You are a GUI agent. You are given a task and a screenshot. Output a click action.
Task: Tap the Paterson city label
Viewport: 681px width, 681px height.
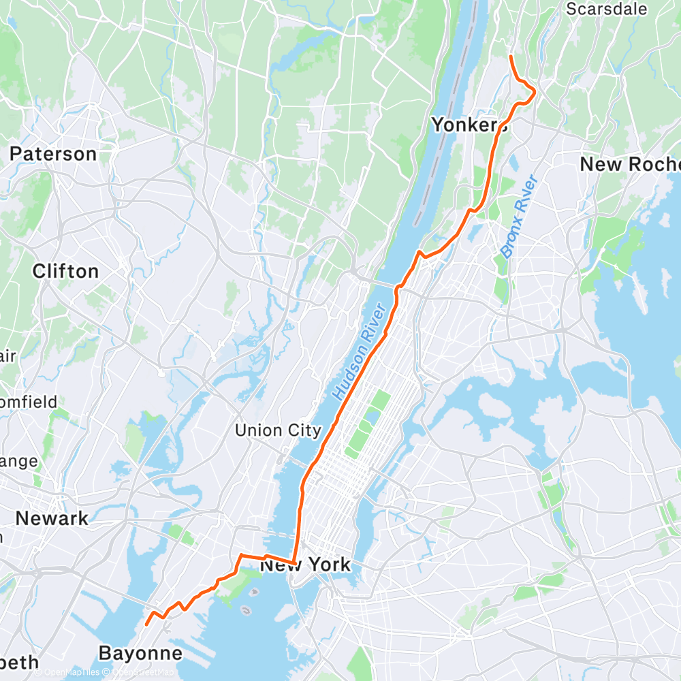click(53, 154)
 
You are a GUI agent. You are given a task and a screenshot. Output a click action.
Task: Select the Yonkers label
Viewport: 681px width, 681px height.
click(469, 125)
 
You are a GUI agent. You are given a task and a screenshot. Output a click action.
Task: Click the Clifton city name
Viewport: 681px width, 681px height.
click(65, 271)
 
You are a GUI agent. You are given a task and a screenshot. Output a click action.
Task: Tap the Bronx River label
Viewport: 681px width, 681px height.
click(519, 216)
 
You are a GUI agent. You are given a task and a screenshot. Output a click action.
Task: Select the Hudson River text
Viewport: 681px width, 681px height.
click(360, 351)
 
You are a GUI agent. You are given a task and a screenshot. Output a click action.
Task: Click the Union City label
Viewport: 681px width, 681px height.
click(278, 430)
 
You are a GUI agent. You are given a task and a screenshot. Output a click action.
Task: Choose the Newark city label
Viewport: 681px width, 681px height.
click(52, 518)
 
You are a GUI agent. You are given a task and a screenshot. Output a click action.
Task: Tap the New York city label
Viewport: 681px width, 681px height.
click(306, 565)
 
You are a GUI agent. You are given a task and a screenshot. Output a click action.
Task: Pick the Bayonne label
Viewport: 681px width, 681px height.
click(141, 654)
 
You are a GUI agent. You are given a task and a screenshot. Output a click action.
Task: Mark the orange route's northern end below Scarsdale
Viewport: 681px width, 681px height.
click(511, 56)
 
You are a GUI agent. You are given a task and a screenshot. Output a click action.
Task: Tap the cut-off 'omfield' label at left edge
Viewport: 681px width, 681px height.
click(29, 402)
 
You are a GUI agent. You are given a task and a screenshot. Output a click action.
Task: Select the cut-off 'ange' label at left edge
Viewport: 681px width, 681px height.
click(19, 461)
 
